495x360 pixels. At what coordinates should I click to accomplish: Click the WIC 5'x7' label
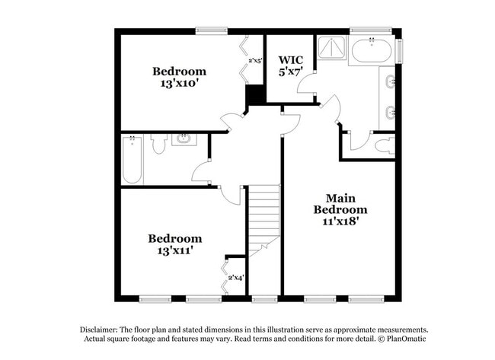[291, 65]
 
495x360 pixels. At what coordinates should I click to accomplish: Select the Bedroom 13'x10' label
[179, 78]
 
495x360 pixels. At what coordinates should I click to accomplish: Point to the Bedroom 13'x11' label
[175, 244]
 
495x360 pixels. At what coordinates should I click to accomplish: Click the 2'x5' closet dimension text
[255, 61]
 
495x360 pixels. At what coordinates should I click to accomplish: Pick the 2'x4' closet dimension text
[235, 279]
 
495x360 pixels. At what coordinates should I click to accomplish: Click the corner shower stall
[331, 48]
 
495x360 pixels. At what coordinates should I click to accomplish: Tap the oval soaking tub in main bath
[371, 51]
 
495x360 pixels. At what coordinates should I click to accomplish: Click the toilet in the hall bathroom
[159, 142]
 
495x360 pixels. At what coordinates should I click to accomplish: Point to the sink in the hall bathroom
[183, 139]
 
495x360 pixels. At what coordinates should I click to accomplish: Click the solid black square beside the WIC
[254, 96]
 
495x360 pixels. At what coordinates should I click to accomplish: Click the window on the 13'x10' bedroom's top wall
[211, 30]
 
